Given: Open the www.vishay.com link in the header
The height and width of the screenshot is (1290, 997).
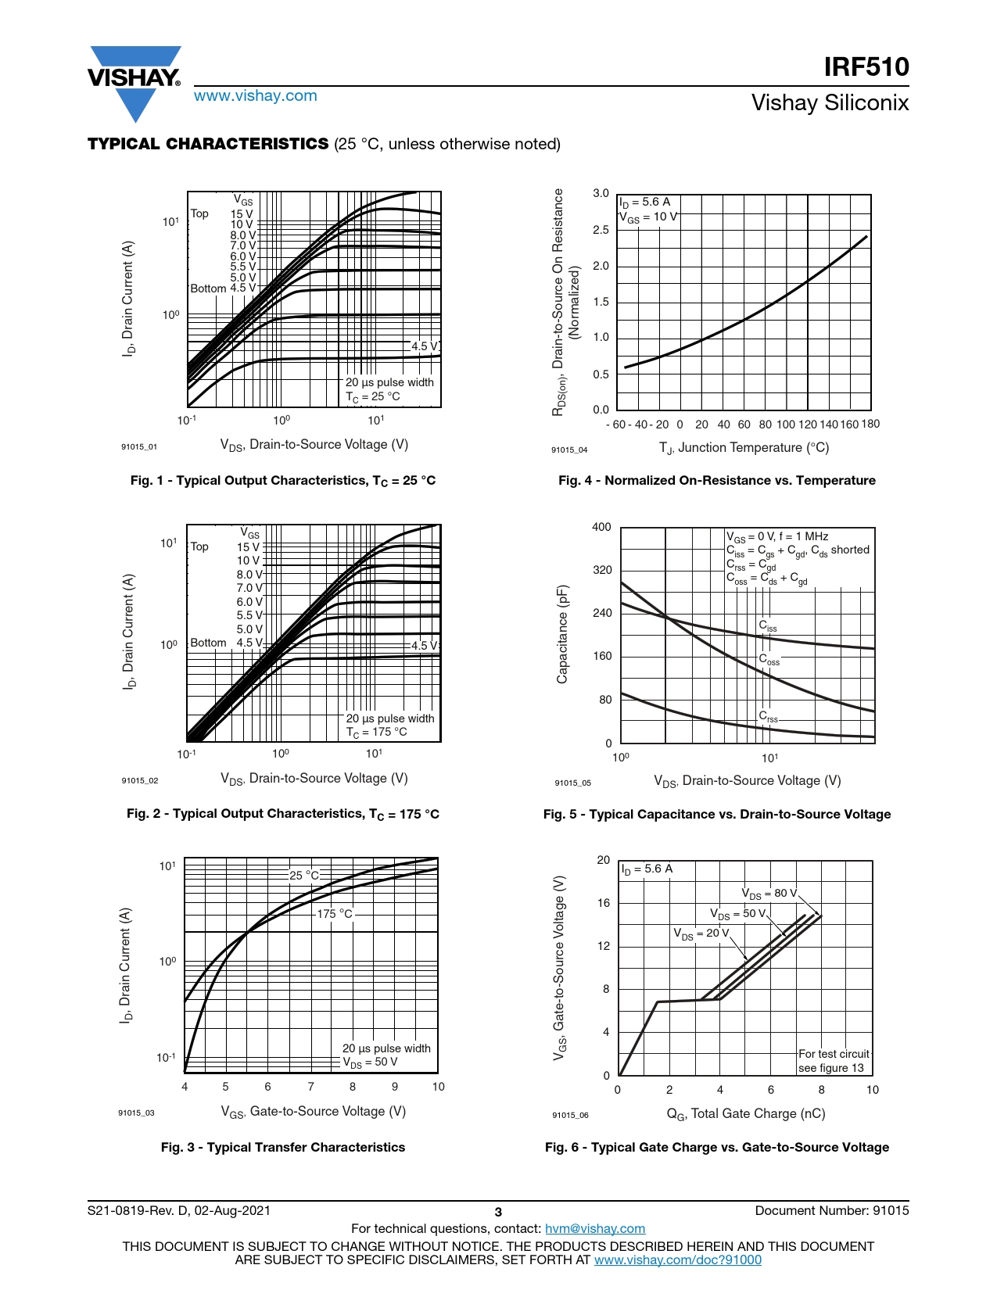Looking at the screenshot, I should pos(256,95).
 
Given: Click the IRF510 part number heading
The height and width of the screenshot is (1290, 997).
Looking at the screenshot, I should pos(866,67).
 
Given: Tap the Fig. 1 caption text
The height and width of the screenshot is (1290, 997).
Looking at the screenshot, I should pos(283,481).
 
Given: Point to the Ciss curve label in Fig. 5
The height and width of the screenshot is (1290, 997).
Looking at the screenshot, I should pos(768,625).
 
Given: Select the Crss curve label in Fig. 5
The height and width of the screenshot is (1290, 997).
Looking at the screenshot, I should pos(768,716).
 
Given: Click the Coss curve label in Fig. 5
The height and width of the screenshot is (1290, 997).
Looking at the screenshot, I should pos(769,660).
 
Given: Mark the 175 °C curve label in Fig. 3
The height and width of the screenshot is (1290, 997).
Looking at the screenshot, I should pos(335,913).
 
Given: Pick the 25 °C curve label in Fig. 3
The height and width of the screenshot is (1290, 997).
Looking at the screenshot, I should pos(304,875).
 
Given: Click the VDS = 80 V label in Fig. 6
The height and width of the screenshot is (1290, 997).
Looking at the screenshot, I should pos(769,894).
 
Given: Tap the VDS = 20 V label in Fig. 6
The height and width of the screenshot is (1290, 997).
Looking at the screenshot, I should pos(701,933).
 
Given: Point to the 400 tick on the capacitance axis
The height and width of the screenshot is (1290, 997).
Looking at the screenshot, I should pos(601,527).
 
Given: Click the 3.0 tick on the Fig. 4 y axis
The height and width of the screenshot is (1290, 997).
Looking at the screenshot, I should pos(601,193).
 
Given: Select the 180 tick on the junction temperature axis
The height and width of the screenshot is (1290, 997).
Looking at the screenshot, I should pos(870,424).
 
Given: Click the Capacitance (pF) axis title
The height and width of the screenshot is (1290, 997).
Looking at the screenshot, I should pos(562,634).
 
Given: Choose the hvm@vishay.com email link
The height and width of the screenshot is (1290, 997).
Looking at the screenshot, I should pos(595,1228).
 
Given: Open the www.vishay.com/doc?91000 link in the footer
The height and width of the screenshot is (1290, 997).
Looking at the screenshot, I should pos(677,1260).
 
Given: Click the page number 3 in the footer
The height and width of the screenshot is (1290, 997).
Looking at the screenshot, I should pos(498,1212).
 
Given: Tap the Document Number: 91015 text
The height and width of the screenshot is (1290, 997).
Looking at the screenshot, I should pos(832,1210).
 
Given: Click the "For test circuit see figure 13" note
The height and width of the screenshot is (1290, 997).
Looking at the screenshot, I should pos(834,1061).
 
